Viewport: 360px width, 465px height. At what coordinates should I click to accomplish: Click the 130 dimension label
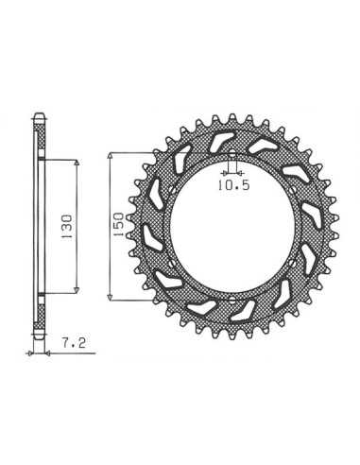[x=67, y=228]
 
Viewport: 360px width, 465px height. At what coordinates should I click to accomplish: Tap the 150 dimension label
[x=118, y=225]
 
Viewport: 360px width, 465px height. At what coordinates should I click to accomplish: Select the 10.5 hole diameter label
[x=234, y=185]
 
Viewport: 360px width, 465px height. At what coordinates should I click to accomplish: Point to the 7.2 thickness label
[x=74, y=343]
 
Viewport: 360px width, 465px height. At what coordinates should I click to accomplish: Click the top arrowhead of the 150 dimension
[x=110, y=156]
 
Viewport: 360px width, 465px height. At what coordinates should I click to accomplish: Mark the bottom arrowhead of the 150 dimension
[x=110, y=297]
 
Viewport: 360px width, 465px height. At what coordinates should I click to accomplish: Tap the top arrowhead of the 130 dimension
[x=77, y=163]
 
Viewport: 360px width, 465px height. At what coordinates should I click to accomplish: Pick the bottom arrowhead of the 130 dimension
[x=77, y=290]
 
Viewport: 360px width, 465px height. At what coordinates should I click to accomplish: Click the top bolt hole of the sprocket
[x=231, y=155]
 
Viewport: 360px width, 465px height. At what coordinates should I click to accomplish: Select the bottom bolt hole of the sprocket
[x=232, y=299]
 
